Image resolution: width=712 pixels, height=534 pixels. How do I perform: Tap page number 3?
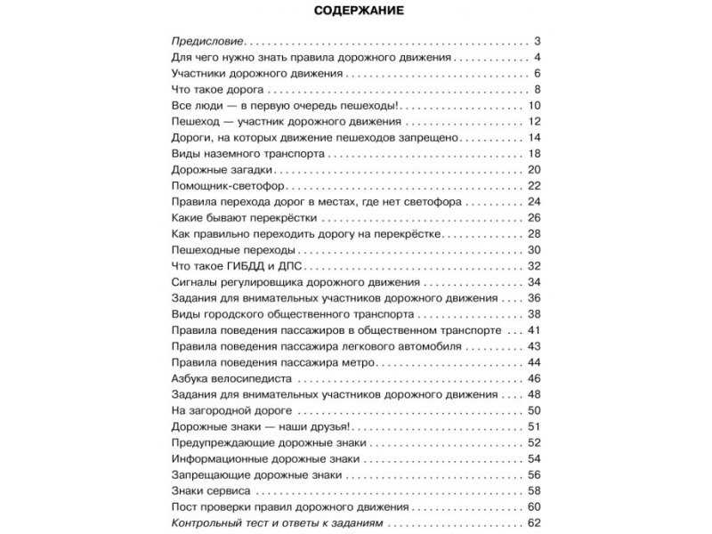pyautogui.click(x=538, y=43)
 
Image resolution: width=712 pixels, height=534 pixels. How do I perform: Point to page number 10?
pyautogui.click(x=534, y=106)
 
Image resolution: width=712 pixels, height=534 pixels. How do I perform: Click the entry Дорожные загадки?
pyautogui.click(x=218, y=169)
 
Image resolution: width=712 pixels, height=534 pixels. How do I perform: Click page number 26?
pyautogui.click(x=534, y=218)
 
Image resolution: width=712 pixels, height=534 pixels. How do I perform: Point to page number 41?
pyautogui.click(x=534, y=330)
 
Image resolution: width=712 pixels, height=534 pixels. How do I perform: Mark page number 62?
pyautogui.click(x=534, y=522)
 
